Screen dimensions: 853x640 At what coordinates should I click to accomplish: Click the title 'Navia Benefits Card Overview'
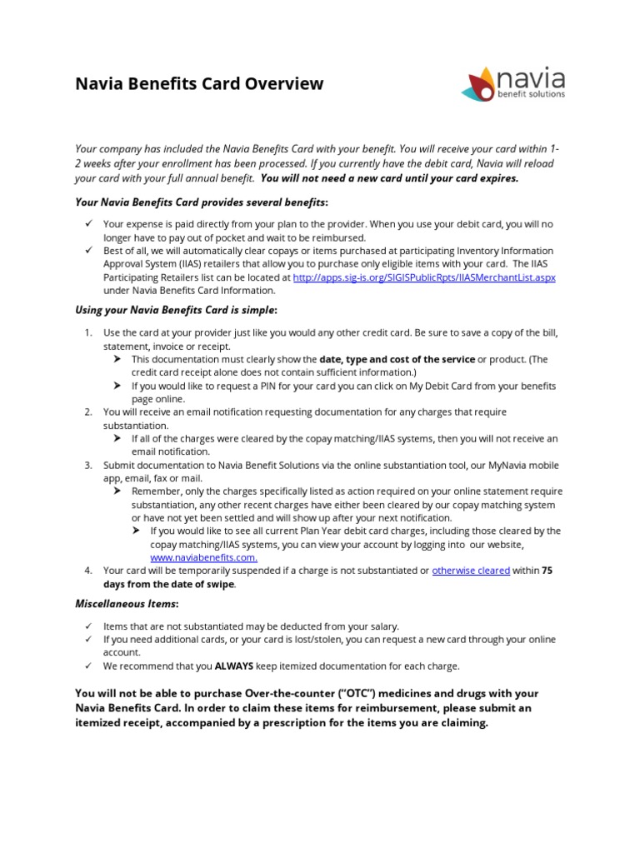(x=199, y=83)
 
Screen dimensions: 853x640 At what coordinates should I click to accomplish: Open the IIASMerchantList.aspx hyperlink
(x=424, y=277)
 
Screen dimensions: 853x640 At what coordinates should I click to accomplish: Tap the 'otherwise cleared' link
(x=471, y=571)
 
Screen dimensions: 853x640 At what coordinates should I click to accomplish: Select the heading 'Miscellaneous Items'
(x=127, y=603)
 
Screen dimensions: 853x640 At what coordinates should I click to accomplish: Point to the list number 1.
(x=87, y=332)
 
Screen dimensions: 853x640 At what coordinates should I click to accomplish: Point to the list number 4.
(x=87, y=571)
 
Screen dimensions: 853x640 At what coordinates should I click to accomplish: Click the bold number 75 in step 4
(x=547, y=571)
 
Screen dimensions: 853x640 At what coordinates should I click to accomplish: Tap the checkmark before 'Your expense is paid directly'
(x=88, y=224)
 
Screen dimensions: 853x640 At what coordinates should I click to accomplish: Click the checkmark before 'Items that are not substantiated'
(x=88, y=626)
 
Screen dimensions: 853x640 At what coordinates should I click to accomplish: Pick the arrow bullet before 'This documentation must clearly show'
(x=117, y=359)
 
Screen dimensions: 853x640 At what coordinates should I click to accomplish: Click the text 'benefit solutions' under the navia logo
(x=530, y=94)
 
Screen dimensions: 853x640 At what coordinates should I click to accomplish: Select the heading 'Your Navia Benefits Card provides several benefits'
(x=201, y=202)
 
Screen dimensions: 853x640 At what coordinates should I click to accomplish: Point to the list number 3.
(x=87, y=465)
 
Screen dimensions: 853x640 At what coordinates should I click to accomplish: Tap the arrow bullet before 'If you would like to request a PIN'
(x=117, y=386)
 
